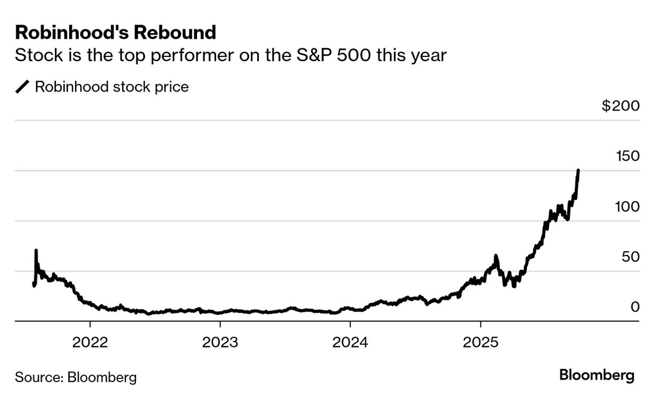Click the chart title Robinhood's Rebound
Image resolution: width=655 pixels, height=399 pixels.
click(x=116, y=32)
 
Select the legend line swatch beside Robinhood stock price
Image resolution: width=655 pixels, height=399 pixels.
click(x=22, y=87)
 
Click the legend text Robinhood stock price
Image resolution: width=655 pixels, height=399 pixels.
click(x=112, y=87)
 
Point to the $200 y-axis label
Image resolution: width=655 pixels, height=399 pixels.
click(x=620, y=106)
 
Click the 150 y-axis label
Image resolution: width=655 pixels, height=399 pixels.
click(x=627, y=156)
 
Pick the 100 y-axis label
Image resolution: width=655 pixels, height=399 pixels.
click(x=627, y=206)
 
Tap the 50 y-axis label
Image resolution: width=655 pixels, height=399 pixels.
click(x=631, y=257)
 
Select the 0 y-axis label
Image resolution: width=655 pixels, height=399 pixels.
click(x=635, y=307)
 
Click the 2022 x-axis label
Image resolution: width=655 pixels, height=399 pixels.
click(x=90, y=342)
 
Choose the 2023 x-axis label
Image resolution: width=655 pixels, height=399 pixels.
click(x=220, y=342)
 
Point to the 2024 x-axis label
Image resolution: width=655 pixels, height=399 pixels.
click(x=350, y=342)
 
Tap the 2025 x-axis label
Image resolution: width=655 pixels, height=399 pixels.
click(x=480, y=342)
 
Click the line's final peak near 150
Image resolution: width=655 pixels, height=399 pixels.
click(x=578, y=171)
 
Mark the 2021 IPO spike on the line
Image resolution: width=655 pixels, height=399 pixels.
click(x=36, y=250)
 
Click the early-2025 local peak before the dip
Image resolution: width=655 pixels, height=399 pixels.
click(x=496, y=256)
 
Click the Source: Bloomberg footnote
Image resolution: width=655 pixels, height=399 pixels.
click(x=76, y=377)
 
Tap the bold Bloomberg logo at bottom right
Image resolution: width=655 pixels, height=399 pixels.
click(x=597, y=375)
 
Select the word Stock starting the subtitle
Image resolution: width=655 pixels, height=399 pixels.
click(x=36, y=55)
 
